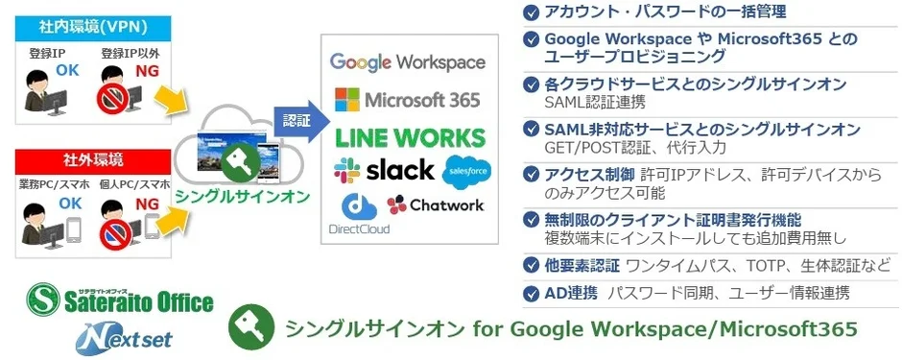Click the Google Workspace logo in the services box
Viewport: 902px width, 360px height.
point(408,62)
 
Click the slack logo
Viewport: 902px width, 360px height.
point(384,171)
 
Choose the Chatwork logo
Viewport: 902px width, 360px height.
point(436,204)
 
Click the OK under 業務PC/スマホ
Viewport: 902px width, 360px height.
point(69,204)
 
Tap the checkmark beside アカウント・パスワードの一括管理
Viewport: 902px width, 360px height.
point(531,12)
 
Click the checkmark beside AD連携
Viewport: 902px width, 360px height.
point(531,293)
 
